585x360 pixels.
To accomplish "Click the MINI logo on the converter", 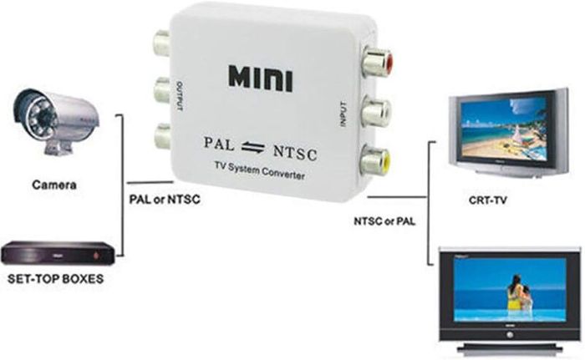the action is click(261, 79).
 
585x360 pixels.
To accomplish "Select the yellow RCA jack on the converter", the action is click(375, 161).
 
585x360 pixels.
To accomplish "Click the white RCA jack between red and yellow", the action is click(376, 111).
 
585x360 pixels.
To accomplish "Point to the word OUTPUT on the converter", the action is click(180, 96).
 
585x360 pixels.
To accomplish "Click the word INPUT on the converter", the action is click(343, 114).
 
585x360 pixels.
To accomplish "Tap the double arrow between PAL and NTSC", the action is click(253, 147).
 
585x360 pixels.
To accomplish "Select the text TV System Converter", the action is click(259, 170).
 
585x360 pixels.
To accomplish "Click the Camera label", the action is click(54, 185).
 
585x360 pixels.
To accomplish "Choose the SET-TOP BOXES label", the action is click(56, 279).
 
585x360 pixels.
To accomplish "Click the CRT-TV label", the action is click(487, 200).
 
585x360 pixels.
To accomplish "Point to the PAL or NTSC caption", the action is click(165, 200).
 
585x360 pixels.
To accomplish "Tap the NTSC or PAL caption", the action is click(384, 221).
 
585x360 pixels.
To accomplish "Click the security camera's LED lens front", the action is click(38, 115).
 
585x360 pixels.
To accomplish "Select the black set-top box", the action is click(57, 252).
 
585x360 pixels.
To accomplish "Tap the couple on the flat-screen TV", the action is click(519, 293).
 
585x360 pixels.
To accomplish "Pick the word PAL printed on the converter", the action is click(219, 144).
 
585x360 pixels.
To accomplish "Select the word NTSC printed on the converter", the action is click(295, 153).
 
